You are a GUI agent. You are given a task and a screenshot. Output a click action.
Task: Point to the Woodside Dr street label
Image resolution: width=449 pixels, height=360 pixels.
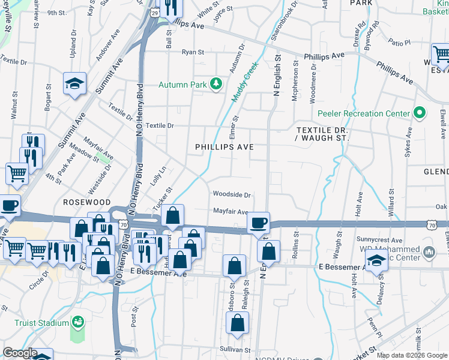pos(231,194)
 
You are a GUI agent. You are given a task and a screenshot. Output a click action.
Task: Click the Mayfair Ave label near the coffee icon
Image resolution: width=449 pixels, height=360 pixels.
pos(231,211)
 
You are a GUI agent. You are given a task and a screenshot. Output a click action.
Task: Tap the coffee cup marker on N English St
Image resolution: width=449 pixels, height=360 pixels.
pos(259,223)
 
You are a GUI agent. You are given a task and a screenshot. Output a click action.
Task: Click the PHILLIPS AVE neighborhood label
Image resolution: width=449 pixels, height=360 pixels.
pos(224,147)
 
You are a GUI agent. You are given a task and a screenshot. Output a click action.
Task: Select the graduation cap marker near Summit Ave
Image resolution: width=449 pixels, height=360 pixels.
pos(75,83)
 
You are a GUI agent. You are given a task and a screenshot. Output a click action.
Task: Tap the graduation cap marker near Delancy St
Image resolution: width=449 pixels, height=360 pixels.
pos(376,262)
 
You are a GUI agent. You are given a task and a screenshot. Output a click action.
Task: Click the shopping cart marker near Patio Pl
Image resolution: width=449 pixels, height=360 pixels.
pos(440,55)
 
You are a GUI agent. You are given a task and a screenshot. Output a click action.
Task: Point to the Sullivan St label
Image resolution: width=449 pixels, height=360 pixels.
pos(234,349)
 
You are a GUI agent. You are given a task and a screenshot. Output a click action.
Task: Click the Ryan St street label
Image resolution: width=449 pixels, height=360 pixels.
pos(193,52)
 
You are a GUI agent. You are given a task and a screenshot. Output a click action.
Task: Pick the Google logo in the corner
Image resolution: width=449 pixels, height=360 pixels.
pos(20,353)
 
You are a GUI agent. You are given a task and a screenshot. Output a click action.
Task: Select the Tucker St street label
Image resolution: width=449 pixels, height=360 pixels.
pos(158,199)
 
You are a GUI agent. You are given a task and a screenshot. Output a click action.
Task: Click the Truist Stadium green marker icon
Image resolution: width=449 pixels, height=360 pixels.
pos(77,323)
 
